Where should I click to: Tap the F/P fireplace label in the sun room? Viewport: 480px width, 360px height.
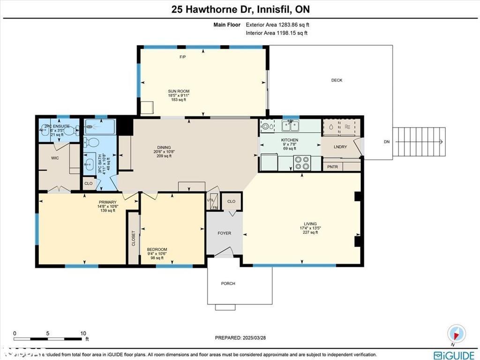coord(183,57)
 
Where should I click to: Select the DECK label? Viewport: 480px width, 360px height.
coord(337,80)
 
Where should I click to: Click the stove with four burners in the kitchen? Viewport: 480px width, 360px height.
coord(301,162)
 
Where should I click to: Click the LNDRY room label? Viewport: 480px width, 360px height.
coord(340,147)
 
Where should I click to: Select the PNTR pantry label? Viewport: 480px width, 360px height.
coord(332,166)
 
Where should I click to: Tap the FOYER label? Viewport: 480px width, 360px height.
coord(224,233)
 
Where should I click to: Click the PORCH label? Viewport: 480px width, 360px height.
coord(228,283)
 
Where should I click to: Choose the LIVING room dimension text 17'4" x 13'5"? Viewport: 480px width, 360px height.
coord(310,228)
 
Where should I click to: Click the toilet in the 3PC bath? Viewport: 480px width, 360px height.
coord(92,142)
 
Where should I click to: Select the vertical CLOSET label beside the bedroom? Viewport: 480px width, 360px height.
coord(134,238)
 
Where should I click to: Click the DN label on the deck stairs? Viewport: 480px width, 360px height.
coord(386,142)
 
